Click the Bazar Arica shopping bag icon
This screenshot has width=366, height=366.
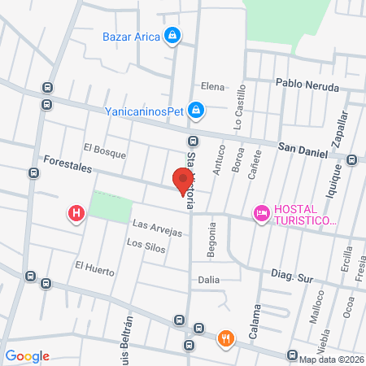pos(172,36)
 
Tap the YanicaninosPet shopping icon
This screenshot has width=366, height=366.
pos(195,108)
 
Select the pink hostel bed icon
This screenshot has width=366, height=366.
pos(261,214)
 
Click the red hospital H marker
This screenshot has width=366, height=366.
pos(76,214)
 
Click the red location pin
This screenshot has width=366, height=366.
pos(183,180)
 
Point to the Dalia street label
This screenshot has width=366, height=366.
pos(210,279)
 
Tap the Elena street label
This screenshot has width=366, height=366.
pos(212,85)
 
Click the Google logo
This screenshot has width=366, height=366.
pos(28,355)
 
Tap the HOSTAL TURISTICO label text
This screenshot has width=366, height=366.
pos(305,215)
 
